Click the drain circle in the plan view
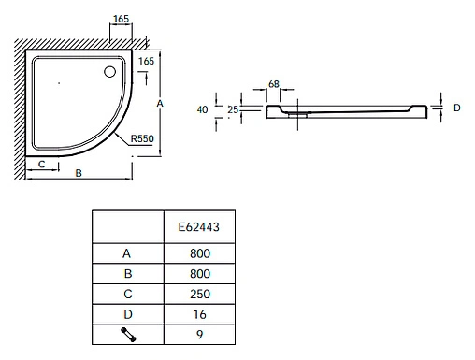(x=109, y=72)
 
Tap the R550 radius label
(x=142, y=138)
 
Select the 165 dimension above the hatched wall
(x=121, y=19)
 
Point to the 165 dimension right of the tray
(x=146, y=61)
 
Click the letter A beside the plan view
(x=160, y=104)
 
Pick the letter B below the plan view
(x=79, y=173)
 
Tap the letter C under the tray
(x=42, y=164)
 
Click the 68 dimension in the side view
(x=274, y=84)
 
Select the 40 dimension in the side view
(x=202, y=109)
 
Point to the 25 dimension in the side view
(x=233, y=109)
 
